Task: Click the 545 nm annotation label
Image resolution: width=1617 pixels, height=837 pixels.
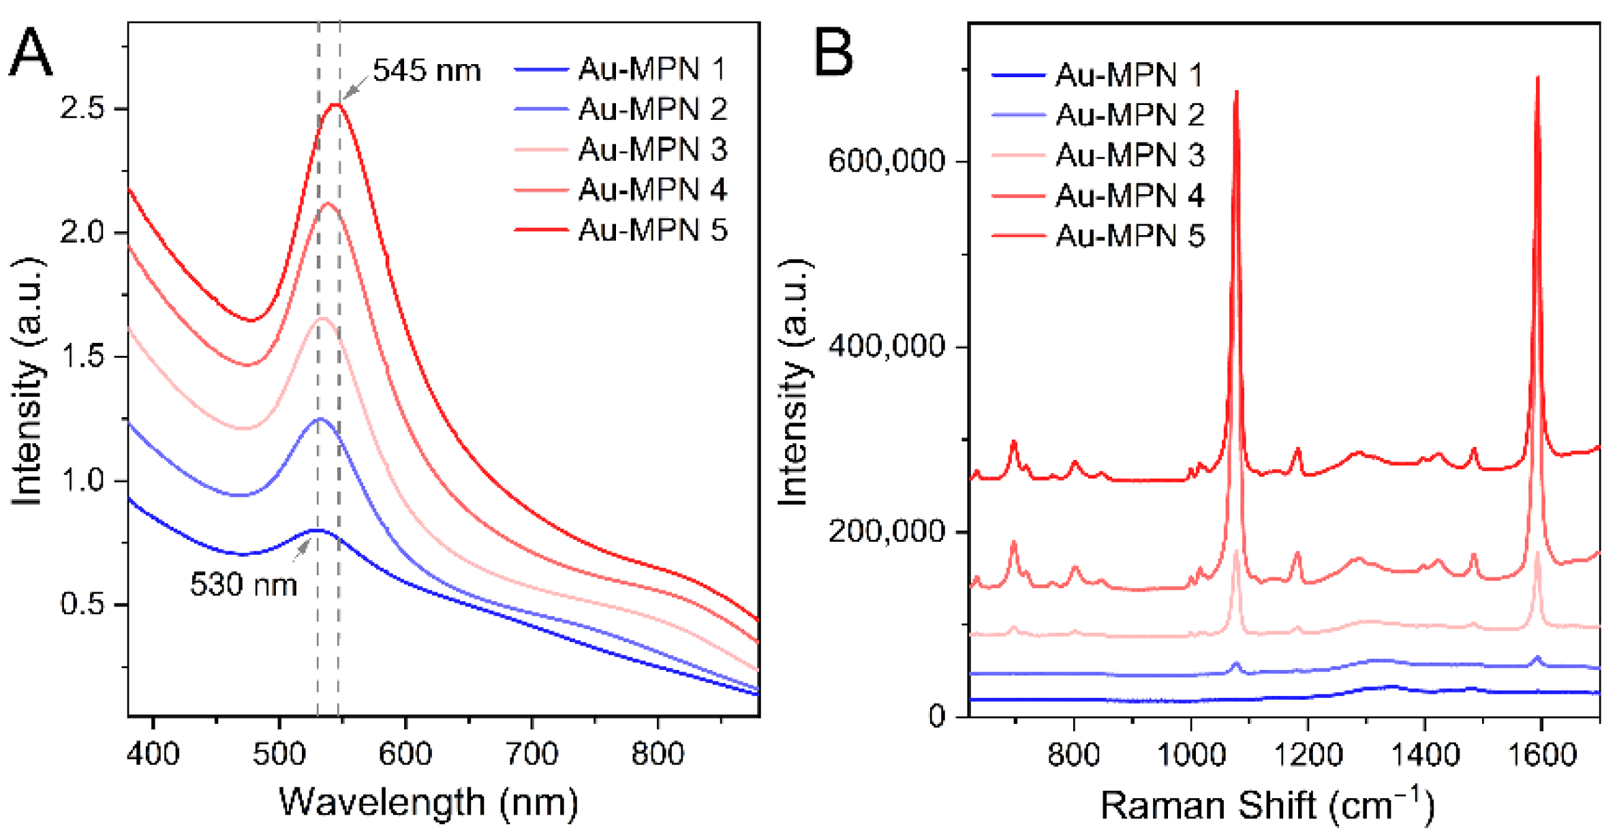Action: [x=426, y=71]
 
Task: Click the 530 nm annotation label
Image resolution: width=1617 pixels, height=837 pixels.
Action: [x=243, y=585]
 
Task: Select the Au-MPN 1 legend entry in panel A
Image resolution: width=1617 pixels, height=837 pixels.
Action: [x=651, y=69]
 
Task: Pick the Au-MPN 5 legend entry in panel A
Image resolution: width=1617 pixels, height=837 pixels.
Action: [x=651, y=230]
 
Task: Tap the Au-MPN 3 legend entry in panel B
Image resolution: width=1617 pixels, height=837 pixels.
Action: [x=1128, y=155]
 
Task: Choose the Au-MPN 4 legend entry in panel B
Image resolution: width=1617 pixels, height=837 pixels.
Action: [x=1128, y=196]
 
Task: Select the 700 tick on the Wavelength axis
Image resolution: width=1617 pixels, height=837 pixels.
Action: [x=532, y=755]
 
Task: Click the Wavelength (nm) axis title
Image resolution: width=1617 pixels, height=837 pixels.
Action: [x=429, y=802]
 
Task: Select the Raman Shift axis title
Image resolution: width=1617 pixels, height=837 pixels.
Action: [x=1266, y=805]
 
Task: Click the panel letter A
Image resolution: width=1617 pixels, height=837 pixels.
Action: [x=31, y=52]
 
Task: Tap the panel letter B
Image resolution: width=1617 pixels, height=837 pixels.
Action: [x=833, y=52]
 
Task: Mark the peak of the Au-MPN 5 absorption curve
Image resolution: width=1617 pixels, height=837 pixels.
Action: [x=335, y=104]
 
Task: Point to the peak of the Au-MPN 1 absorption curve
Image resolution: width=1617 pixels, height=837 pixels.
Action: [x=317, y=530]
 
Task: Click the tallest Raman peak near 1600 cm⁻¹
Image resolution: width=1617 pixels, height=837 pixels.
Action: [x=1537, y=78]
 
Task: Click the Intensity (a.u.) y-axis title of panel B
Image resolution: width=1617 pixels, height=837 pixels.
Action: [x=794, y=382]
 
